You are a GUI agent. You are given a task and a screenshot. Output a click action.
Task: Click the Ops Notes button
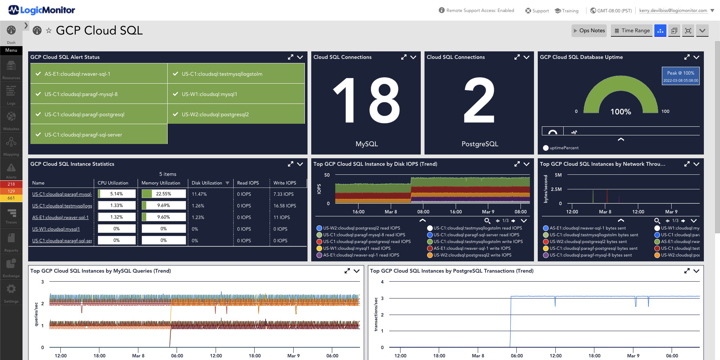tap(589, 31)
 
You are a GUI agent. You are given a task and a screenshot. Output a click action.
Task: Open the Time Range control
tap(632, 31)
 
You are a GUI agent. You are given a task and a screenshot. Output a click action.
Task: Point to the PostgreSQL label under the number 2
tap(480, 144)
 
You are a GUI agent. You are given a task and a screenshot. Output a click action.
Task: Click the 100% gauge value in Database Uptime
tap(621, 112)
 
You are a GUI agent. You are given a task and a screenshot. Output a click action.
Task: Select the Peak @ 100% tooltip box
tap(681, 76)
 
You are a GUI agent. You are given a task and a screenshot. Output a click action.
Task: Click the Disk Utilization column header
tap(207, 183)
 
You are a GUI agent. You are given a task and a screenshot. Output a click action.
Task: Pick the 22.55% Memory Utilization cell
tap(163, 194)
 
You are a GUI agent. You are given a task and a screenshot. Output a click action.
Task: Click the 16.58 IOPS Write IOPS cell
tap(285, 206)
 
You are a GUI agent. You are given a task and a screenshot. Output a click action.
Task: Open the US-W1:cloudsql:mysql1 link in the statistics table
tap(56, 229)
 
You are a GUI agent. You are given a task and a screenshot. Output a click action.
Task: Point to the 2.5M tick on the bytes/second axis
tap(556, 189)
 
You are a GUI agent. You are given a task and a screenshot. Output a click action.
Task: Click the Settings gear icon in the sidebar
tap(11, 289)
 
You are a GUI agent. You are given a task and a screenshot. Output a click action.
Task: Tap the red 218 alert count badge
tap(11, 184)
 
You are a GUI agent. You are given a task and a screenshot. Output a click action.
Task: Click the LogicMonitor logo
tap(42, 10)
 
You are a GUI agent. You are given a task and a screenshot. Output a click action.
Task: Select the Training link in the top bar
tap(567, 11)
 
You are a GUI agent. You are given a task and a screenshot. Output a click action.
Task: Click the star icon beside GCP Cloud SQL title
tap(48, 31)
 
